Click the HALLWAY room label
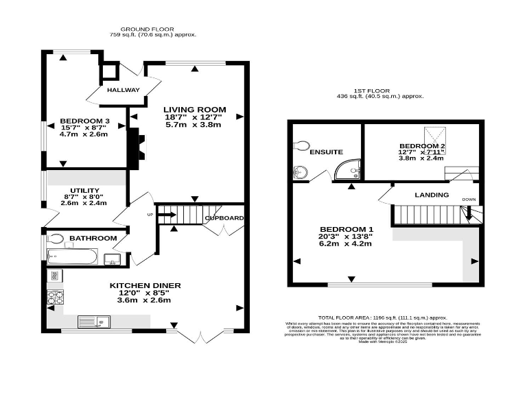point(123,91)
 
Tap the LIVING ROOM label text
point(194,110)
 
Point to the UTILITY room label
point(84,190)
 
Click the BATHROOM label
point(93,238)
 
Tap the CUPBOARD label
point(224,218)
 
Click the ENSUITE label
point(326,152)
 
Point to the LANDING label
point(432,195)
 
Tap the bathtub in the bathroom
point(72,259)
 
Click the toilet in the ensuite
point(301,145)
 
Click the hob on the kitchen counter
point(55,298)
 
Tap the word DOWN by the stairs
point(469,200)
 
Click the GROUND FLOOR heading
point(153,29)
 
